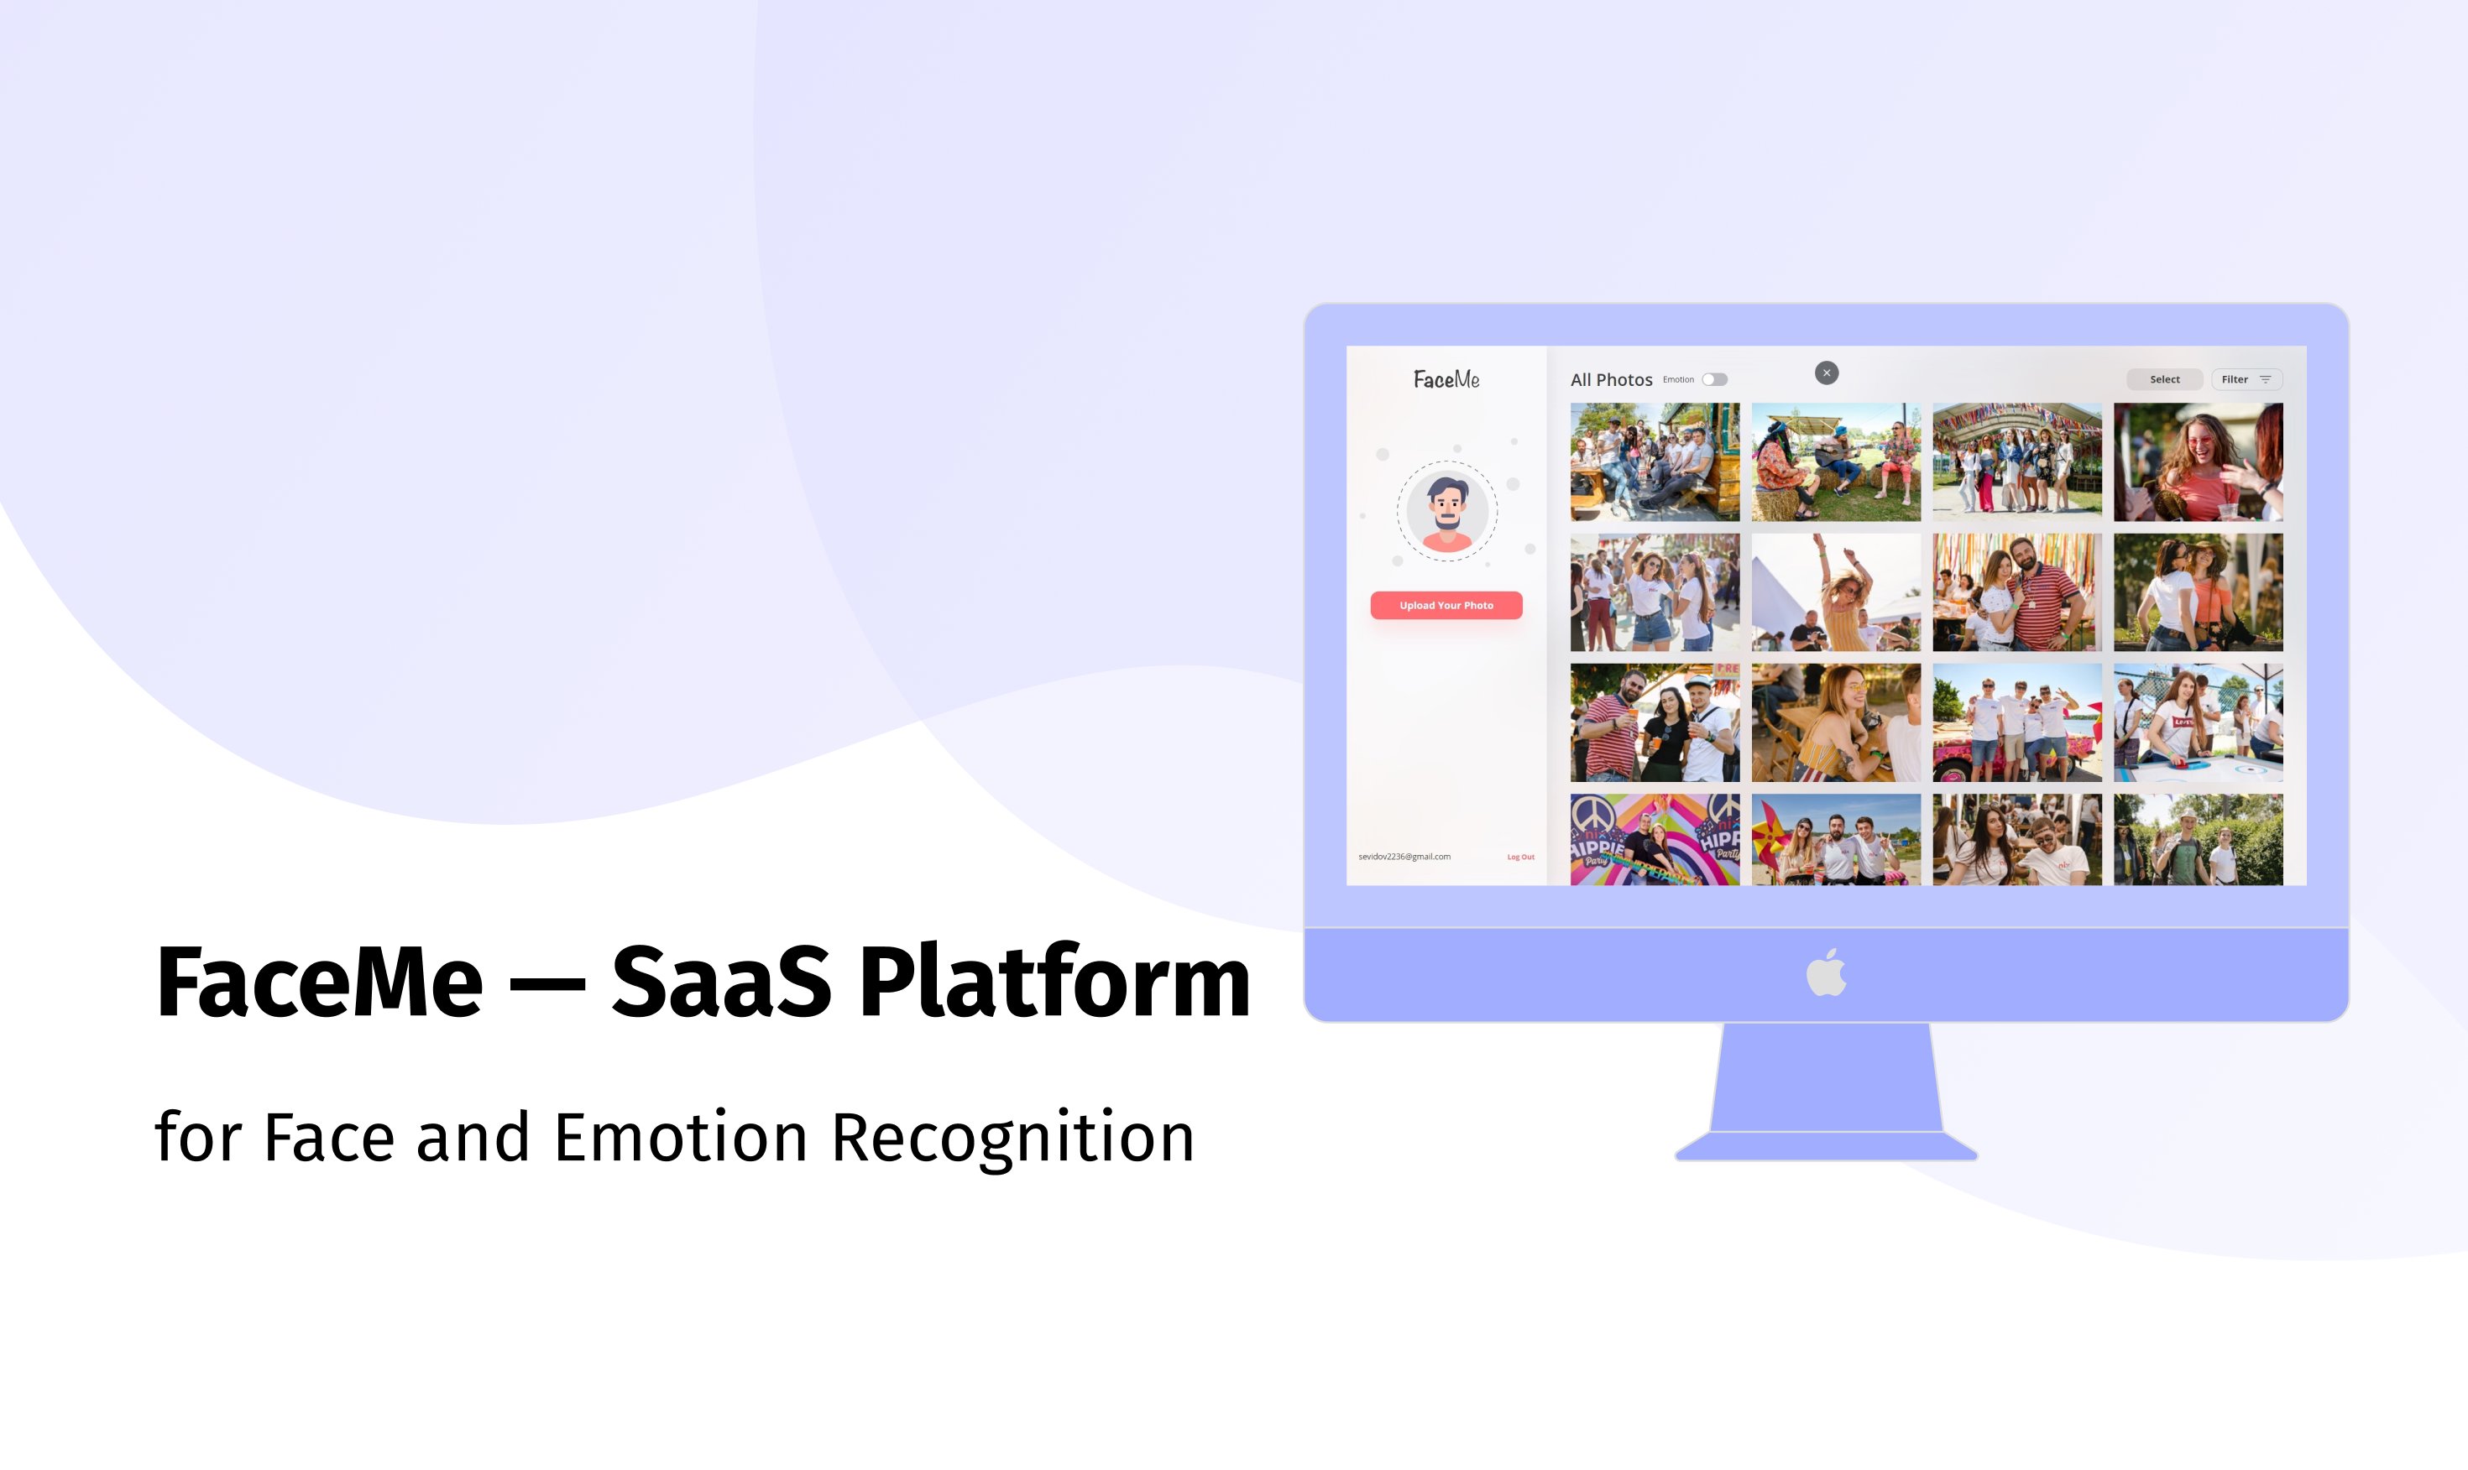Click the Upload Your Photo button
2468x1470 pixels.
click(x=1446, y=605)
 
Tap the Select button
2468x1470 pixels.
click(x=2164, y=379)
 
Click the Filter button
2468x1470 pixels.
click(x=2246, y=379)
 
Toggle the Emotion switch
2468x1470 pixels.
click(x=1714, y=379)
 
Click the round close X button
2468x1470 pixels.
click(x=1826, y=373)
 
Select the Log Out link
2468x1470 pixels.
click(x=1520, y=857)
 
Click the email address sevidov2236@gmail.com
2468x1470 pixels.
click(x=1404, y=857)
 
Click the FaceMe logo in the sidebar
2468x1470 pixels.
click(x=1446, y=379)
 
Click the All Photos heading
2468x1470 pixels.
click(x=1611, y=379)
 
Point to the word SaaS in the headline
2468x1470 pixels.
click(x=720, y=983)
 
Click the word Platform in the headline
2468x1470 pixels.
click(x=1054, y=983)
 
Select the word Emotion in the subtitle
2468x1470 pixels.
click(x=681, y=1137)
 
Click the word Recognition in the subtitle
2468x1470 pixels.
click(x=1012, y=1137)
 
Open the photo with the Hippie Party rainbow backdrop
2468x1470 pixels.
click(x=1655, y=839)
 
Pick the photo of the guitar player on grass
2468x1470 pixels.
click(x=1835, y=461)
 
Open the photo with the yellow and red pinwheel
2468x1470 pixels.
click(x=1835, y=839)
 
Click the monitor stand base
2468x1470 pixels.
click(x=1826, y=1146)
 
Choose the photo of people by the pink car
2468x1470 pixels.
click(x=2016, y=722)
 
